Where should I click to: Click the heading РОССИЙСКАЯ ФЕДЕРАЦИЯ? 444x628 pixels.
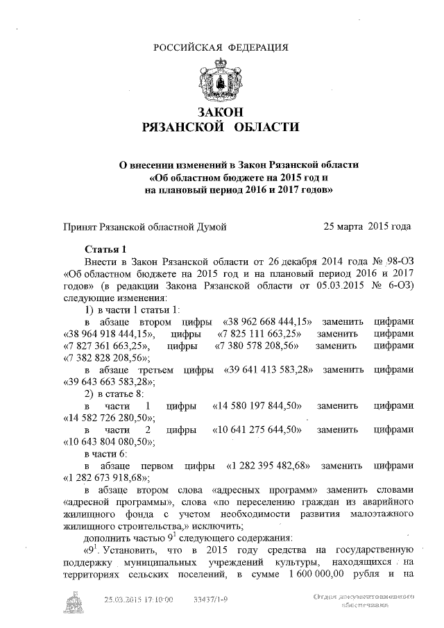click(221, 47)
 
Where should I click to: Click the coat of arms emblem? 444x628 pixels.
click(221, 80)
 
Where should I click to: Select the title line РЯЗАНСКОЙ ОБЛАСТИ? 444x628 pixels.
click(221, 128)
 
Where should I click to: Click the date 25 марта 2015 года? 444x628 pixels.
click(368, 226)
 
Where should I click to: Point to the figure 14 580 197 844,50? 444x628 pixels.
click(257, 405)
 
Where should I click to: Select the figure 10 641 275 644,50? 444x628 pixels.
click(257, 430)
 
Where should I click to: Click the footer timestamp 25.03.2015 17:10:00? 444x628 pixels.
click(138, 599)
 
